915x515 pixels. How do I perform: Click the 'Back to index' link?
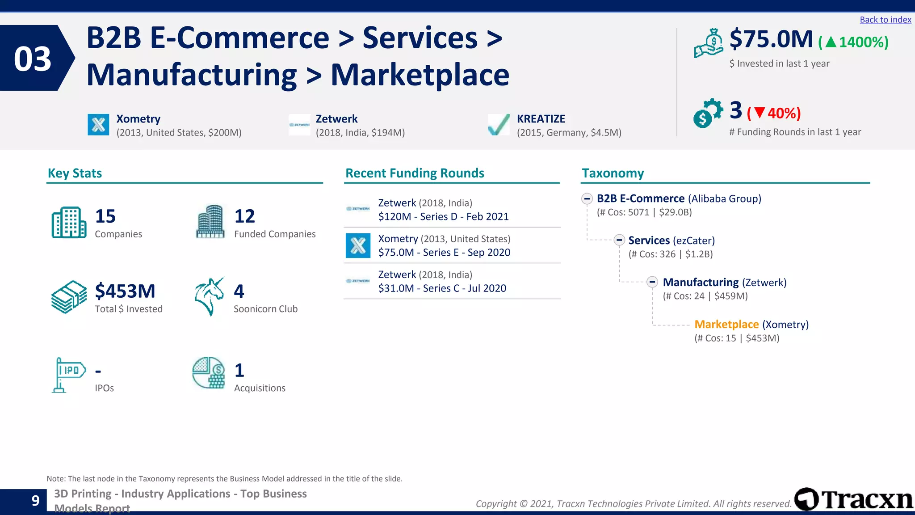tap(885, 20)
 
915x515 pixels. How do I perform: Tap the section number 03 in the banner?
tap(33, 59)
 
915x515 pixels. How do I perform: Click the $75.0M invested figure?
tap(771, 39)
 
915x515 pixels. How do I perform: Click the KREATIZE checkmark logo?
tap(499, 125)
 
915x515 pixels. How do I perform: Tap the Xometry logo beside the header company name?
tap(98, 125)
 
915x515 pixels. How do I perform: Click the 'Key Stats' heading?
tap(75, 173)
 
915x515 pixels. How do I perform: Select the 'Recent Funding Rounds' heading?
tap(415, 173)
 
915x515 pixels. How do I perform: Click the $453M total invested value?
tap(125, 291)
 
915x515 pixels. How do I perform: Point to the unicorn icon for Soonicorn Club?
tap(209, 296)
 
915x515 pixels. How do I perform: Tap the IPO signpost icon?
tap(68, 375)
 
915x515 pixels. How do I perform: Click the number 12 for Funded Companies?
tap(244, 216)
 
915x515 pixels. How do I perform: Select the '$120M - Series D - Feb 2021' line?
tap(443, 217)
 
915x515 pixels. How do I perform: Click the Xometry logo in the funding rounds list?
tap(358, 245)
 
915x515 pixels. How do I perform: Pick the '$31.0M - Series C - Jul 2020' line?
tap(442, 288)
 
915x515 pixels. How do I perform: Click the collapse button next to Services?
tap(619, 240)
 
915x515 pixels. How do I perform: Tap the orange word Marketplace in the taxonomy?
tap(726, 325)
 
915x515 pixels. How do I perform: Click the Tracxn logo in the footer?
tap(854, 499)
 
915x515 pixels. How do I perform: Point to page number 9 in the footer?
tap(36, 501)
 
